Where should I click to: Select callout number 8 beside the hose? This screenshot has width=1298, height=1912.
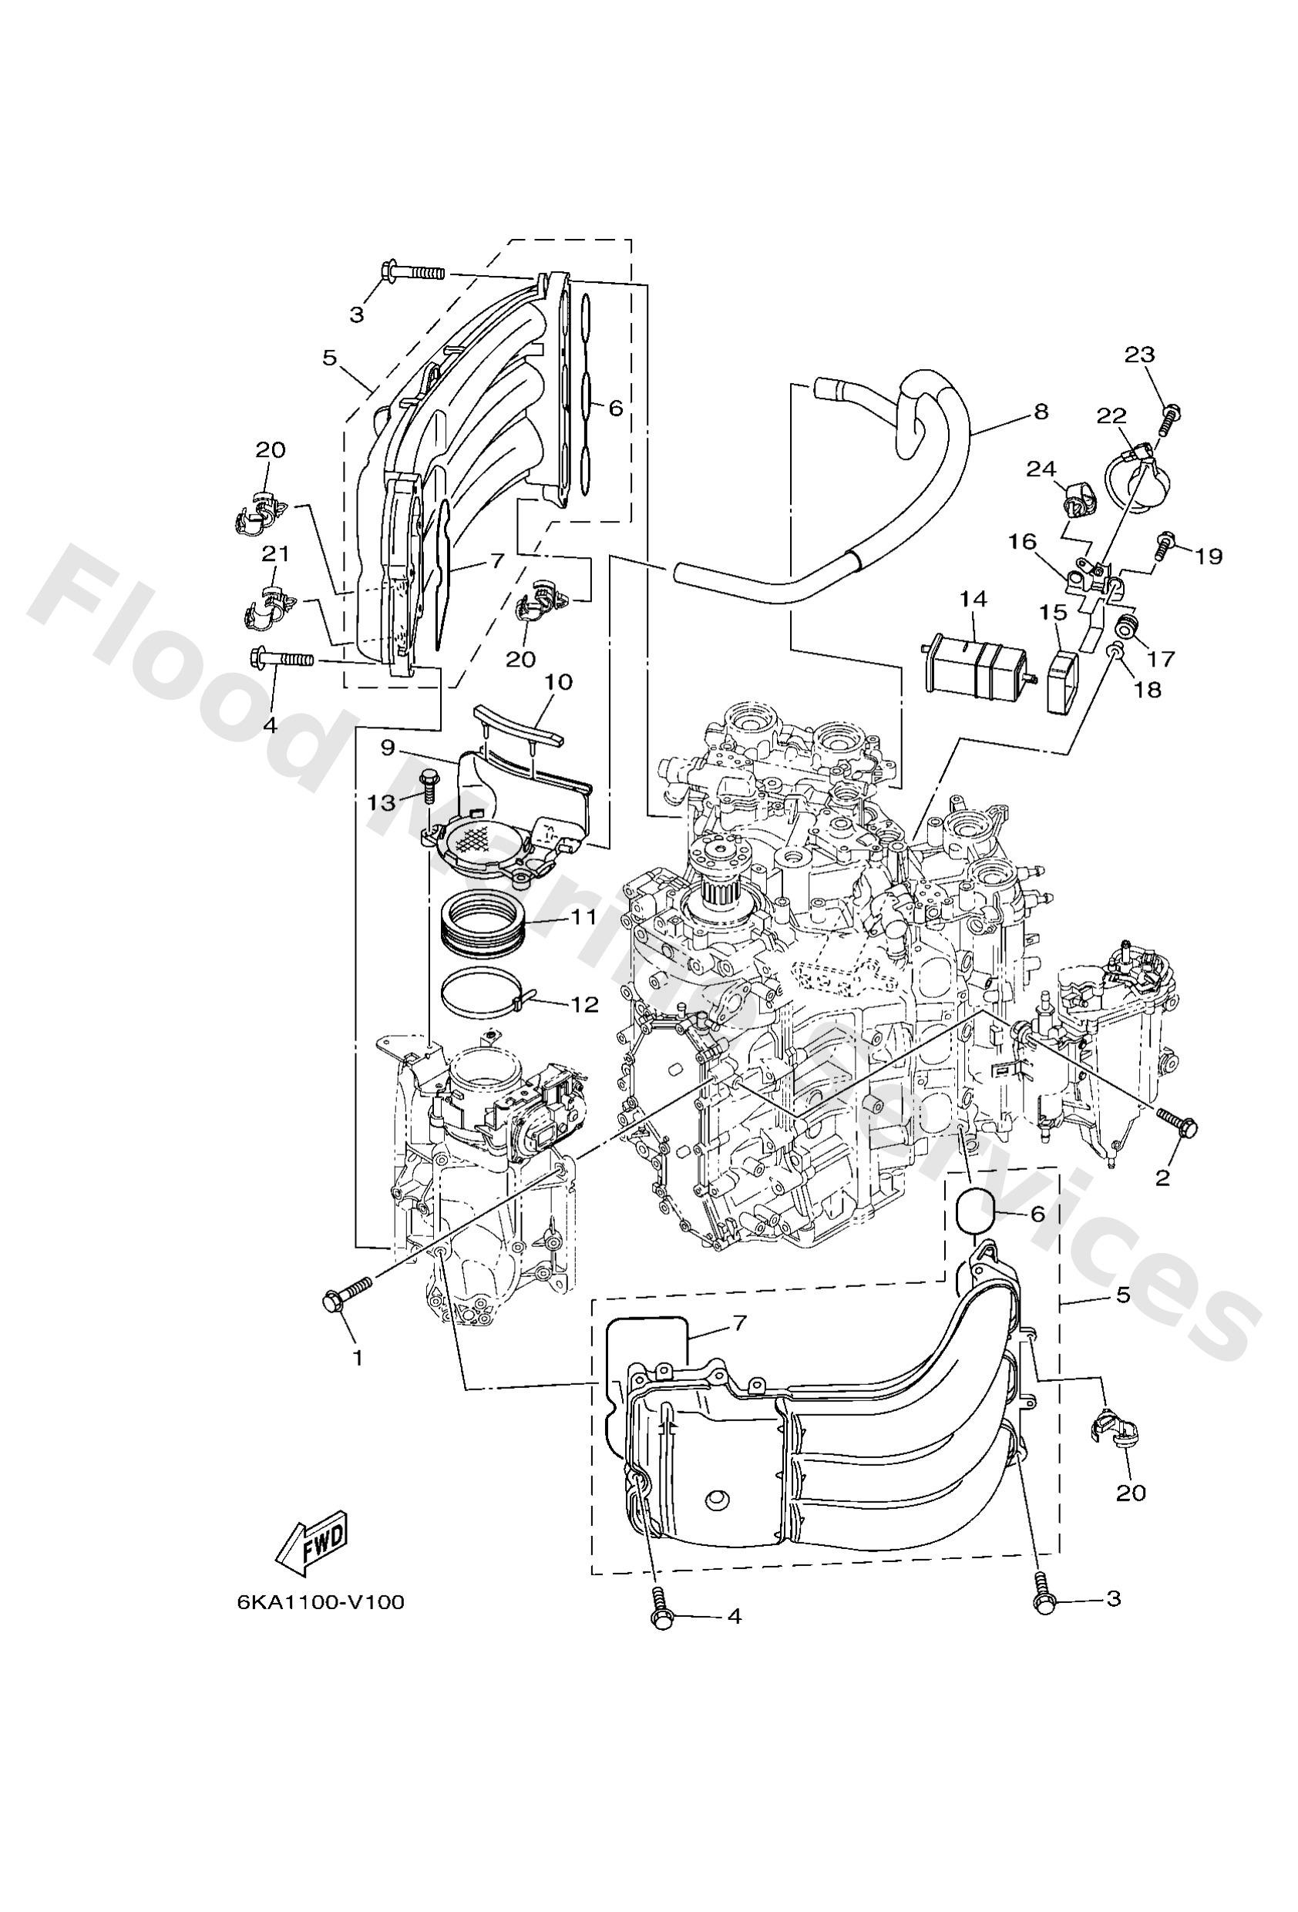point(1041,412)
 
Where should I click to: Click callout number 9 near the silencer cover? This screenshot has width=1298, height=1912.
point(388,748)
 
